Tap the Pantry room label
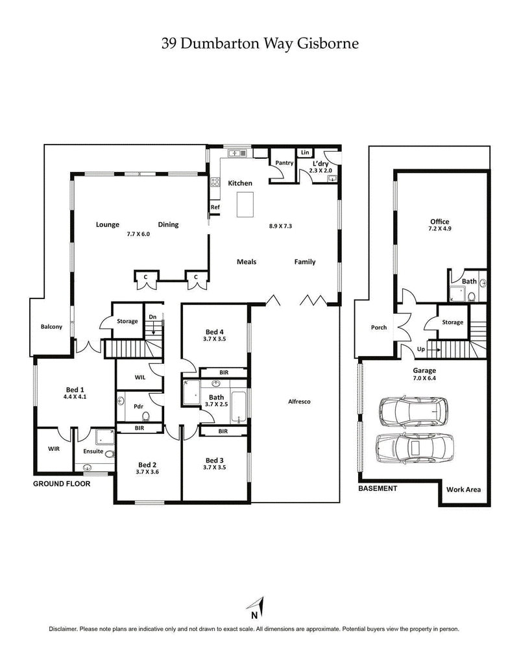[285, 163]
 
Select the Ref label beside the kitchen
[214, 208]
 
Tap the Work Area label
[463, 489]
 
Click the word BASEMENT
[378, 488]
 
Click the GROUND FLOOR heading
[61, 484]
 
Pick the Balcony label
[51, 327]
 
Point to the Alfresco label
[299, 402]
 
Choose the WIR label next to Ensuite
[53, 448]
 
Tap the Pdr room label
[138, 406]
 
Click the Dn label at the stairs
[152, 317]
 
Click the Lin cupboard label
[304, 152]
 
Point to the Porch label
[379, 328]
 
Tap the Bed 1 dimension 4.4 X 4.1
[75, 396]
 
